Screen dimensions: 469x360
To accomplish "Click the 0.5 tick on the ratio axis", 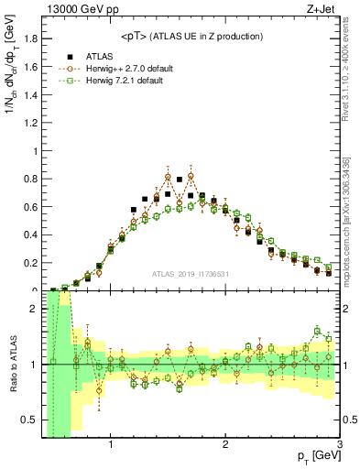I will pyautogui.click(x=29, y=420).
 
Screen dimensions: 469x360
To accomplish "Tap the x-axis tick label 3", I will pyautogui.click(x=339, y=446).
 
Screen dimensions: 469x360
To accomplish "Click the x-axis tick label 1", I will pyautogui.click(x=111, y=446).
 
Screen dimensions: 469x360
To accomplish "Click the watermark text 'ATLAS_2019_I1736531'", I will pyautogui.click(x=191, y=274).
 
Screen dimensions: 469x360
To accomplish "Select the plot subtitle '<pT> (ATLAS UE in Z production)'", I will pyautogui.click(x=191, y=36).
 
